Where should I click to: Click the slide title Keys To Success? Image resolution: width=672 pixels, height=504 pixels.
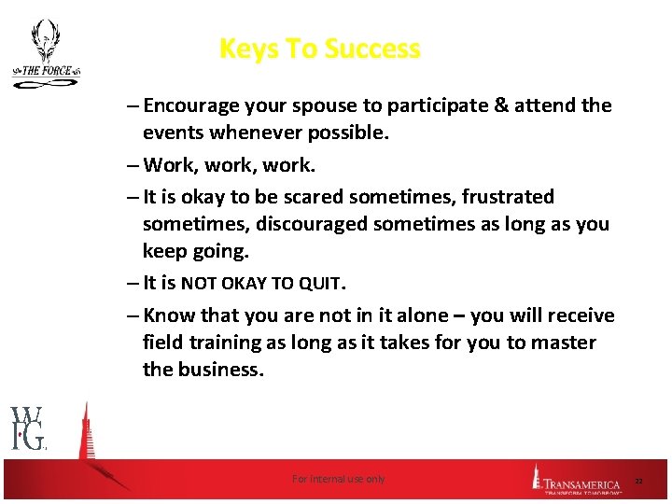click(319, 49)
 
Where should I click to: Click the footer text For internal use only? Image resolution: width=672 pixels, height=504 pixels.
click(338, 479)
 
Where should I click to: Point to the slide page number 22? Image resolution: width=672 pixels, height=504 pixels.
click(639, 480)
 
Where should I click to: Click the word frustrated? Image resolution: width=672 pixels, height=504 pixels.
click(509, 197)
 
